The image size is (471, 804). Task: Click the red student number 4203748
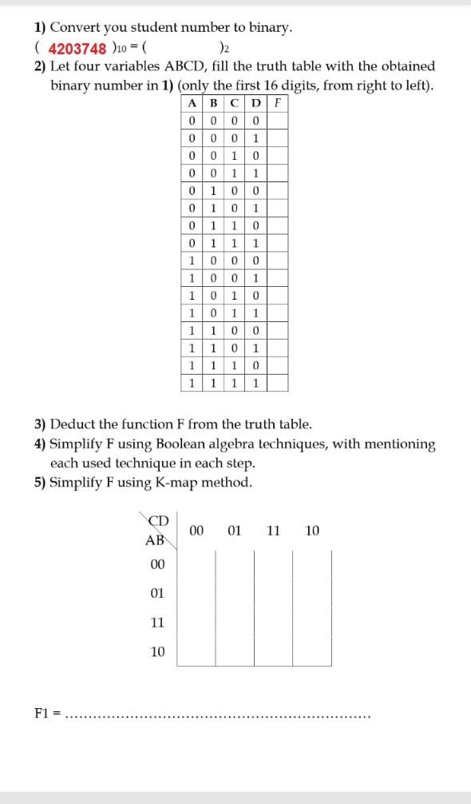point(77,48)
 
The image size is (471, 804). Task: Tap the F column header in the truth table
point(277,103)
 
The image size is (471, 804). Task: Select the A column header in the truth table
point(192,103)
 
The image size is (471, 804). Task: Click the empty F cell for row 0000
point(277,121)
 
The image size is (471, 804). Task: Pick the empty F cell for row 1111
point(277,383)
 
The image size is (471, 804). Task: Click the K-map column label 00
point(197,530)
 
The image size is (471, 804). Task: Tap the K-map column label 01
point(235,530)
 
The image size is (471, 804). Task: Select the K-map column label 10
point(312,530)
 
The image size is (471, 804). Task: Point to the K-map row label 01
point(157,594)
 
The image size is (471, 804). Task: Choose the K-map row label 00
point(157,565)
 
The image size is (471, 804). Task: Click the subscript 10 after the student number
point(131,50)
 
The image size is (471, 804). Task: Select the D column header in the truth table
point(254,103)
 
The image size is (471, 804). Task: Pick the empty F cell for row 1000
point(277,261)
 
